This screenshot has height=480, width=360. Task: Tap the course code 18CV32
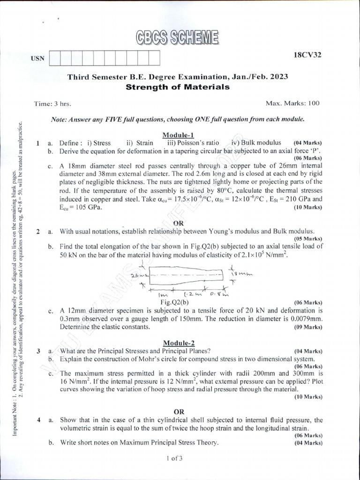[307, 55]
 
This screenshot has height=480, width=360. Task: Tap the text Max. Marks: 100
[292, 103]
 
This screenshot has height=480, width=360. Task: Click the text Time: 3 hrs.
[52, 104]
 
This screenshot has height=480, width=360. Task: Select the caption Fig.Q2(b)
[175, 302]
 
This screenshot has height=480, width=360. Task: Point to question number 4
[38, 420]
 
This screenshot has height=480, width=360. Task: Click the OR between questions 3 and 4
[179, 411]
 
